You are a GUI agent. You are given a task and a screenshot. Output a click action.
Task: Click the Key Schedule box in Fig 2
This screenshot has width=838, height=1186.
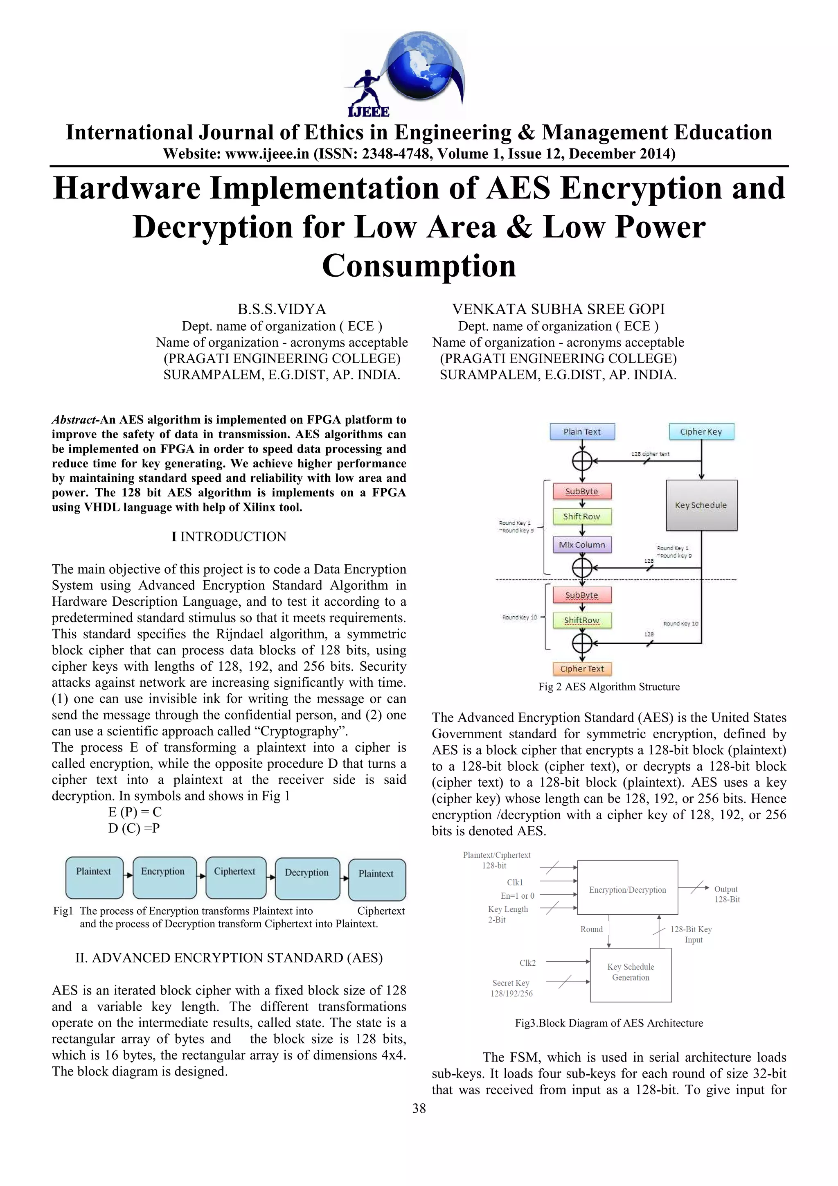click(x=701, y=505)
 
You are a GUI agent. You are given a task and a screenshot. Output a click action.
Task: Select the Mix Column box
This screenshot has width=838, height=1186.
click(x=582, y=544)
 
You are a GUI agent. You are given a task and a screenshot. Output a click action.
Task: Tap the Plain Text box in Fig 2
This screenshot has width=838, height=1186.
click(x=582, y=431)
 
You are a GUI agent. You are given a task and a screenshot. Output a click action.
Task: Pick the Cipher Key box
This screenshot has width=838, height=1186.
click(x=701, y=431)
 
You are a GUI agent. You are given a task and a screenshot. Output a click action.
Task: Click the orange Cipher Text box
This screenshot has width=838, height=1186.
click(x=582, y=668)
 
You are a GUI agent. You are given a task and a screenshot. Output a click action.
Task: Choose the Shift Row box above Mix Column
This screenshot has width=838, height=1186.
click(x=582, y=516)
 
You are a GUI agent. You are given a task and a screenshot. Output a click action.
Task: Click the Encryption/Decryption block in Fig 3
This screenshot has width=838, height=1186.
click(x=627, y=890)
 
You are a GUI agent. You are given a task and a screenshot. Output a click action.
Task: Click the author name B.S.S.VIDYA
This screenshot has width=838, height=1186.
click(x=282, y=309)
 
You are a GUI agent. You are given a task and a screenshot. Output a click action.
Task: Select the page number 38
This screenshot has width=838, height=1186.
click(x=419, y=1107)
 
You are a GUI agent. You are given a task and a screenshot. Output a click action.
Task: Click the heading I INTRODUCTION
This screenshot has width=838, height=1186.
click(x=229, y=536)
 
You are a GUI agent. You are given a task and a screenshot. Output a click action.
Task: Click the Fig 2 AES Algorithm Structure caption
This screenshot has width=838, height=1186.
click(x=609, y=686)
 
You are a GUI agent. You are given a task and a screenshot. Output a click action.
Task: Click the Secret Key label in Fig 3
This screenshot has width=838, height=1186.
click(x=511, y=983)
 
